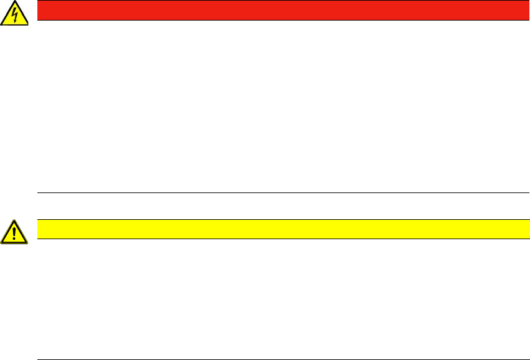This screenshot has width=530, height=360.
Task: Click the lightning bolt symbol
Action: point(15,15)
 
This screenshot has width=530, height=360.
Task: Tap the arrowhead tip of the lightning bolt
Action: point(16,22)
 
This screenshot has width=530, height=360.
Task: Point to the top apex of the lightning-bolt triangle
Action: point(15,2)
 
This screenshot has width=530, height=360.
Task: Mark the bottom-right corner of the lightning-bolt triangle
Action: point(28,24)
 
